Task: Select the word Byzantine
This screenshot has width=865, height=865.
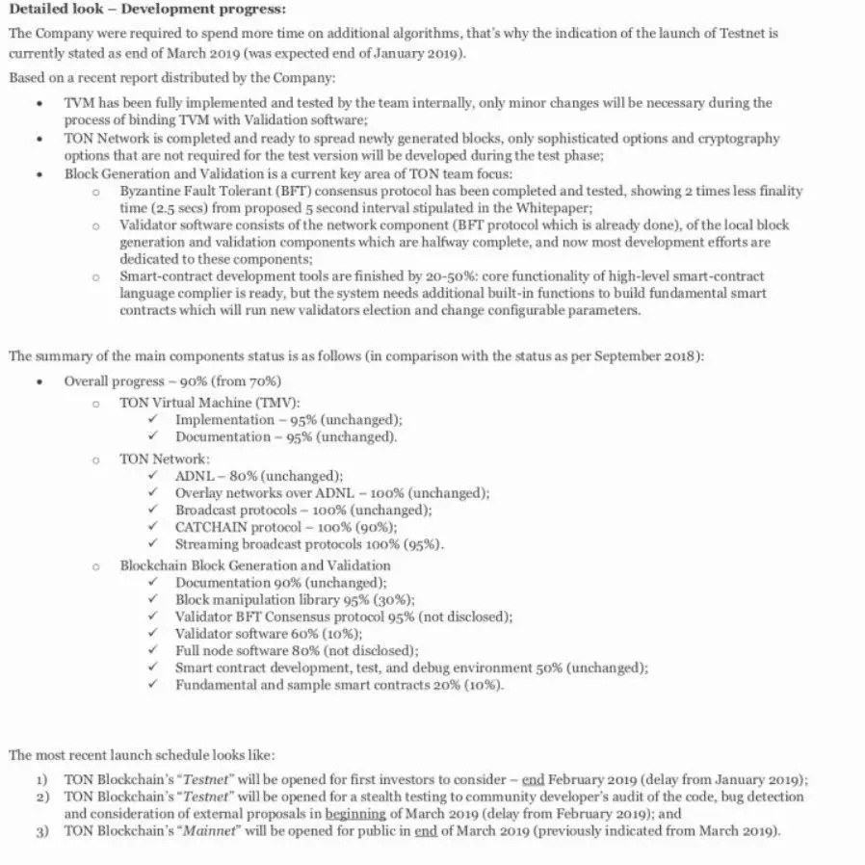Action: click(x=150, y=192)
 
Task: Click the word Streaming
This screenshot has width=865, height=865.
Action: click(x=207, y=544)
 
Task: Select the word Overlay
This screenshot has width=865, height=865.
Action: click(x=199, y=492)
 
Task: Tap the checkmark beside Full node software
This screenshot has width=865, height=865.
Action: click(x=153, y=651)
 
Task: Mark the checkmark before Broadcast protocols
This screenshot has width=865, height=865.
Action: click(x=153, y=510)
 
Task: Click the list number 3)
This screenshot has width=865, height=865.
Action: click(x=41, y=830)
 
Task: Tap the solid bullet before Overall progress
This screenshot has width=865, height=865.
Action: click(x=39, y=381)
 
